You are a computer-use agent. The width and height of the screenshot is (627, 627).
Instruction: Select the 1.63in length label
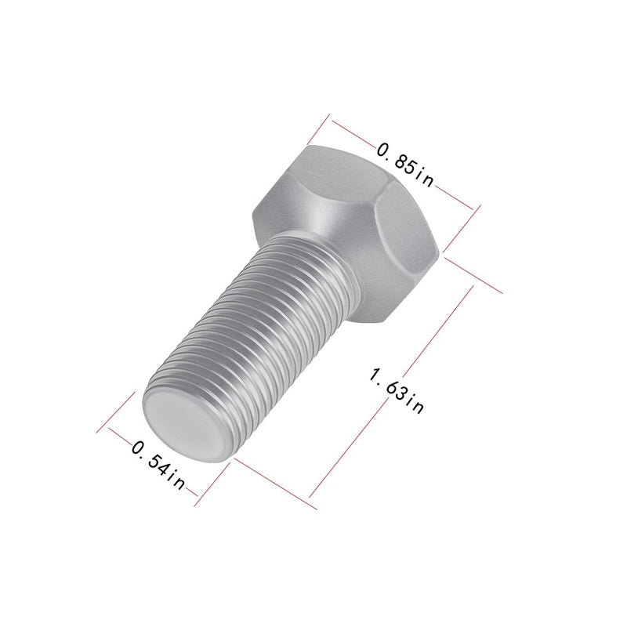click(396, 390)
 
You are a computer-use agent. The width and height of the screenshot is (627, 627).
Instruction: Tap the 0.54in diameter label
click(159, 465)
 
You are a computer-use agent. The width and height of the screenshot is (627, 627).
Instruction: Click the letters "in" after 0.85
click(425, 178)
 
